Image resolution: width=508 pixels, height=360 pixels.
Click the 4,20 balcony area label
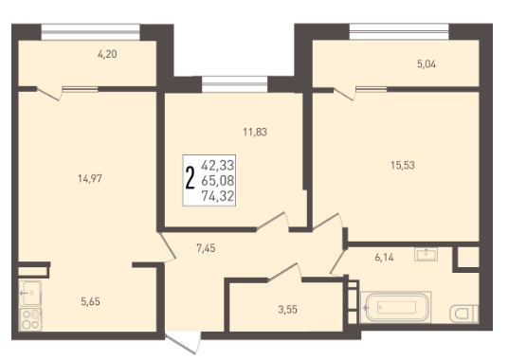(107, 54)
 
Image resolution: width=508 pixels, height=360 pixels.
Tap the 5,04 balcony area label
(426, 64)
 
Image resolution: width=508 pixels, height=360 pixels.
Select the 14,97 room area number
(90, 178)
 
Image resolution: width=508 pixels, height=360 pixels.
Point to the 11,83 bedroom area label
(255, 132)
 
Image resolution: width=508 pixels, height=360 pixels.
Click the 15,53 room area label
(403, 166)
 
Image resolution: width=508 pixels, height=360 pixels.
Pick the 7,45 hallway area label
(206, 248)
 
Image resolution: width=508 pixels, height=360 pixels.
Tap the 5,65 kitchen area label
(90, 301)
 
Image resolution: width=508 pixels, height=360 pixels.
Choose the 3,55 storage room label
(288, 310)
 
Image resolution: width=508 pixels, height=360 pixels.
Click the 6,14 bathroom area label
(384, 258)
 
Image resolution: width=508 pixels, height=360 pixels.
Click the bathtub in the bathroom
(395, 307)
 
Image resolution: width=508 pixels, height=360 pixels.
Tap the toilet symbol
(464, 314)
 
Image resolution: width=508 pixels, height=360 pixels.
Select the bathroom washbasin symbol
(426, 254)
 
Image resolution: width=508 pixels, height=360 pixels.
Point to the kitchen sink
(30, 294)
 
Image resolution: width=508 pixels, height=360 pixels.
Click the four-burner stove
(30, 319)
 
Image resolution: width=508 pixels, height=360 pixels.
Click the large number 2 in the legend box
(190, 178)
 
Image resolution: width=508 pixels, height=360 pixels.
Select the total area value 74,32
(218, 196)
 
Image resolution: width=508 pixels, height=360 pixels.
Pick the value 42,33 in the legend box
(218, 166)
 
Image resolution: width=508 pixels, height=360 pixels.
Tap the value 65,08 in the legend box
(218, 181)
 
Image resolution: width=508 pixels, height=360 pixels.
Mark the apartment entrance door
(182, 343)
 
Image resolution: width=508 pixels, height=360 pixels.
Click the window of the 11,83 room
(234, 84)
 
